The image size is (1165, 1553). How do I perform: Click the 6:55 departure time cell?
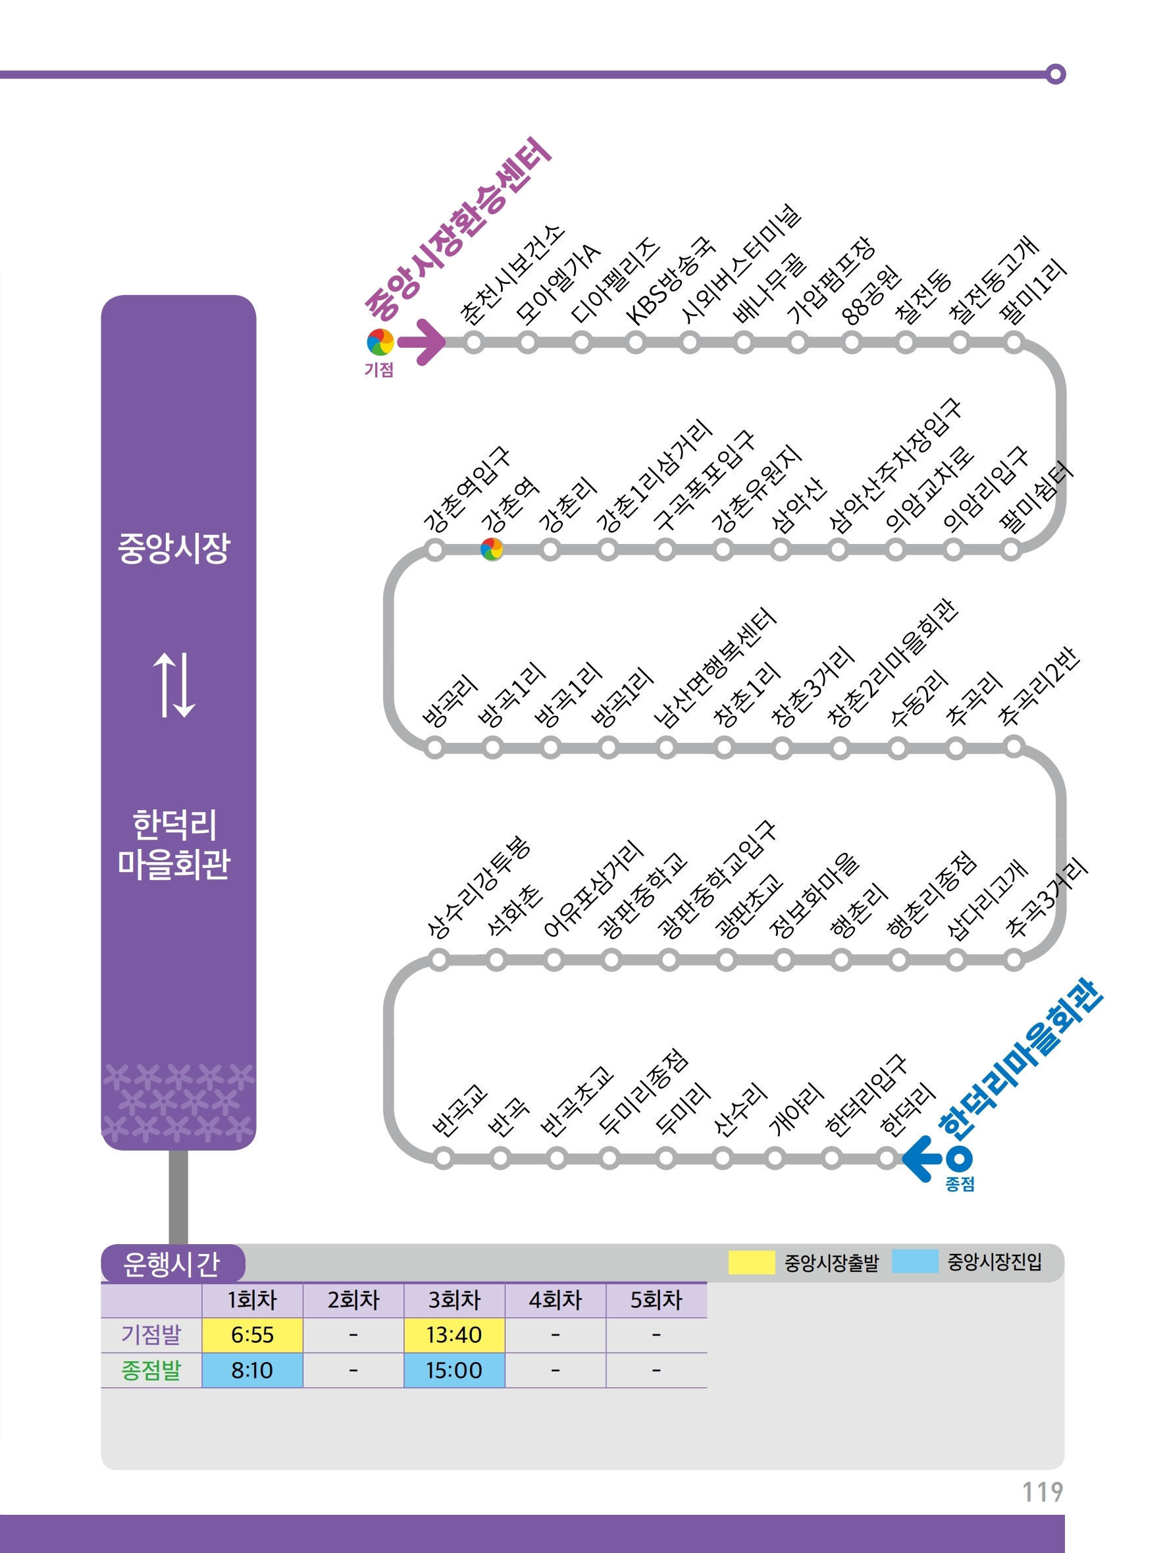pyautogui.click(x=252, y=1334)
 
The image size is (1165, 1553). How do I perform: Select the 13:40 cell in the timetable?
pyautogui.click(x=454, y=1334)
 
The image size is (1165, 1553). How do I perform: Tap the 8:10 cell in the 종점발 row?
pyautogui.click(x=252, y=1370)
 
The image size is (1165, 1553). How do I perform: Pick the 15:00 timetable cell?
pyautogui.click(x=454, y=1370)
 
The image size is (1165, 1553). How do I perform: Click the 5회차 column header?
pyautogui.click(x=656, y=1300)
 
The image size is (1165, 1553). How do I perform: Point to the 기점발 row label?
pyautogui.click(x=151, y=1334)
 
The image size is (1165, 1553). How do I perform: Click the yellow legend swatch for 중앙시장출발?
pyautogui.click(x=751, y=1262)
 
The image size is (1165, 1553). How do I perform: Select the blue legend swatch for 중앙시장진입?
pyautogui.click(x=914, y=1262)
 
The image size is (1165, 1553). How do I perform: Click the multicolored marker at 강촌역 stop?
pyautogui.click(x=492, y=549)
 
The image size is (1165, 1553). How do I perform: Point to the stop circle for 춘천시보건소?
pyautogui.click(x=475, y=342)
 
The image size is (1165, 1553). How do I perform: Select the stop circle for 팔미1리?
pyautogui.click(x=1014, y=342)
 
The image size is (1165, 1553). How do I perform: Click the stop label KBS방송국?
pyautogui.click(x=669, y=283)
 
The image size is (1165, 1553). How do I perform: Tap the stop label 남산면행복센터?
pyautogui.click(x=714, y=668)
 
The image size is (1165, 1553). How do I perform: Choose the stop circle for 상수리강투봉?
pyautogui.click(x=439, y=960)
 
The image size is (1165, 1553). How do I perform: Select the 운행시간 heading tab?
pyautogui.click(x=172, y=1264)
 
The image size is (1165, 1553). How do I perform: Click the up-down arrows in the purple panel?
pyautogui.click(x=174, y=685)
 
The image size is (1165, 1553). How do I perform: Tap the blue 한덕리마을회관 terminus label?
pyautogui.click(x=1021, y=1060)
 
